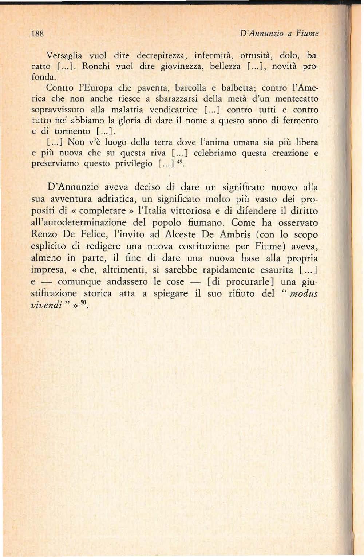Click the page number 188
pos(37,34)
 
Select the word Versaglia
pos(64,56)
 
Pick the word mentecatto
pos(297,99)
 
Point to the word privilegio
pos(134,164)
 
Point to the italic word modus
pos(305,293)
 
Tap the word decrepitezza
pos(162,56)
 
